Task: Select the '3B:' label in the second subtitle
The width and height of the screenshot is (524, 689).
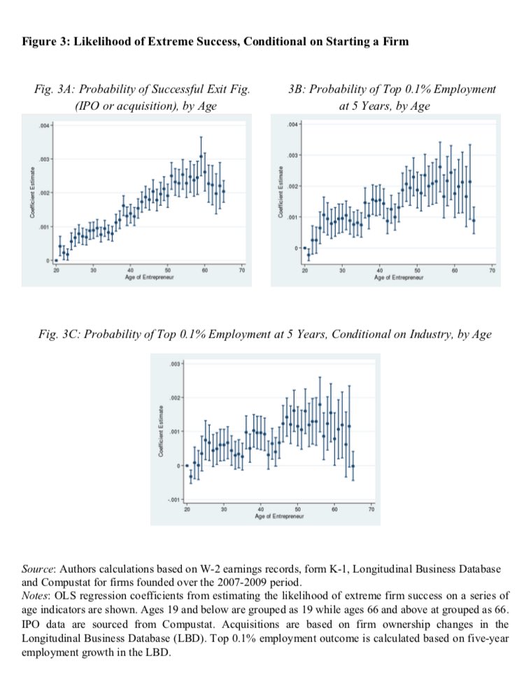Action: click(x=297, y=90)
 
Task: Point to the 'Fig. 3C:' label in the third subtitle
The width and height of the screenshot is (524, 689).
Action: click(x=61, y=334)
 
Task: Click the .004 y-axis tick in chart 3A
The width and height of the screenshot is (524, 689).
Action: click(x=43, y=126)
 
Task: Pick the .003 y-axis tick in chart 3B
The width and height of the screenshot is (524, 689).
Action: click(x=292, y=155)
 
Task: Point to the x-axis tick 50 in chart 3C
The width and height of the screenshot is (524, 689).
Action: click(x=297, y=509)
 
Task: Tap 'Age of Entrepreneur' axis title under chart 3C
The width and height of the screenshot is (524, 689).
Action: click(x=279, y=517)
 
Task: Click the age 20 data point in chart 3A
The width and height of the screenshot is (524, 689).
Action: click(x=56, y=260)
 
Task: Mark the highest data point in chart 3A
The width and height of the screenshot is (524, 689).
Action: click(x=201, y=156)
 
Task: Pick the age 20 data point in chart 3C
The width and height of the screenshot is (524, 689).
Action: click(x=187, y=466)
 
